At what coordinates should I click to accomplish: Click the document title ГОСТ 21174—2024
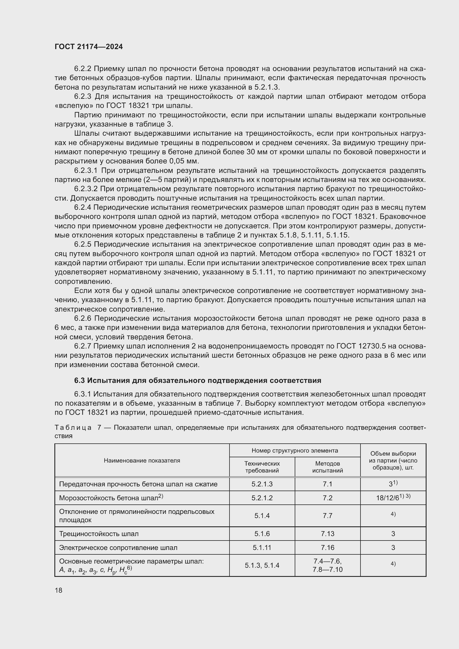[x=89, y=47]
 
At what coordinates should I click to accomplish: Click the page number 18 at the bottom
[x=59, y=590]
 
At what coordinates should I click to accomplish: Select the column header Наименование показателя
[x=142, y=461]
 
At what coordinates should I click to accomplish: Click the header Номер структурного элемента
[x=295, y=451]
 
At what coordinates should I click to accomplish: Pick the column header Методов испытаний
[x=327, y=467]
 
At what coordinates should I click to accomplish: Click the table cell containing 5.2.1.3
[x=262, y=484]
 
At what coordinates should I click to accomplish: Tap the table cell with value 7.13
[x=327, y=534]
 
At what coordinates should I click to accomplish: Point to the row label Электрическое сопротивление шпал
[x=118, y=547]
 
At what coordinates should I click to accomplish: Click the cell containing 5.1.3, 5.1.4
[x=262, y=565]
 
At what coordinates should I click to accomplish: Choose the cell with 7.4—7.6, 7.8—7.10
[x=327, y=565]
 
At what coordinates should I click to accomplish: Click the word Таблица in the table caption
[x=73, y=428]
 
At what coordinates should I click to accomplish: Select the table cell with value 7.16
[x=327, y=547]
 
